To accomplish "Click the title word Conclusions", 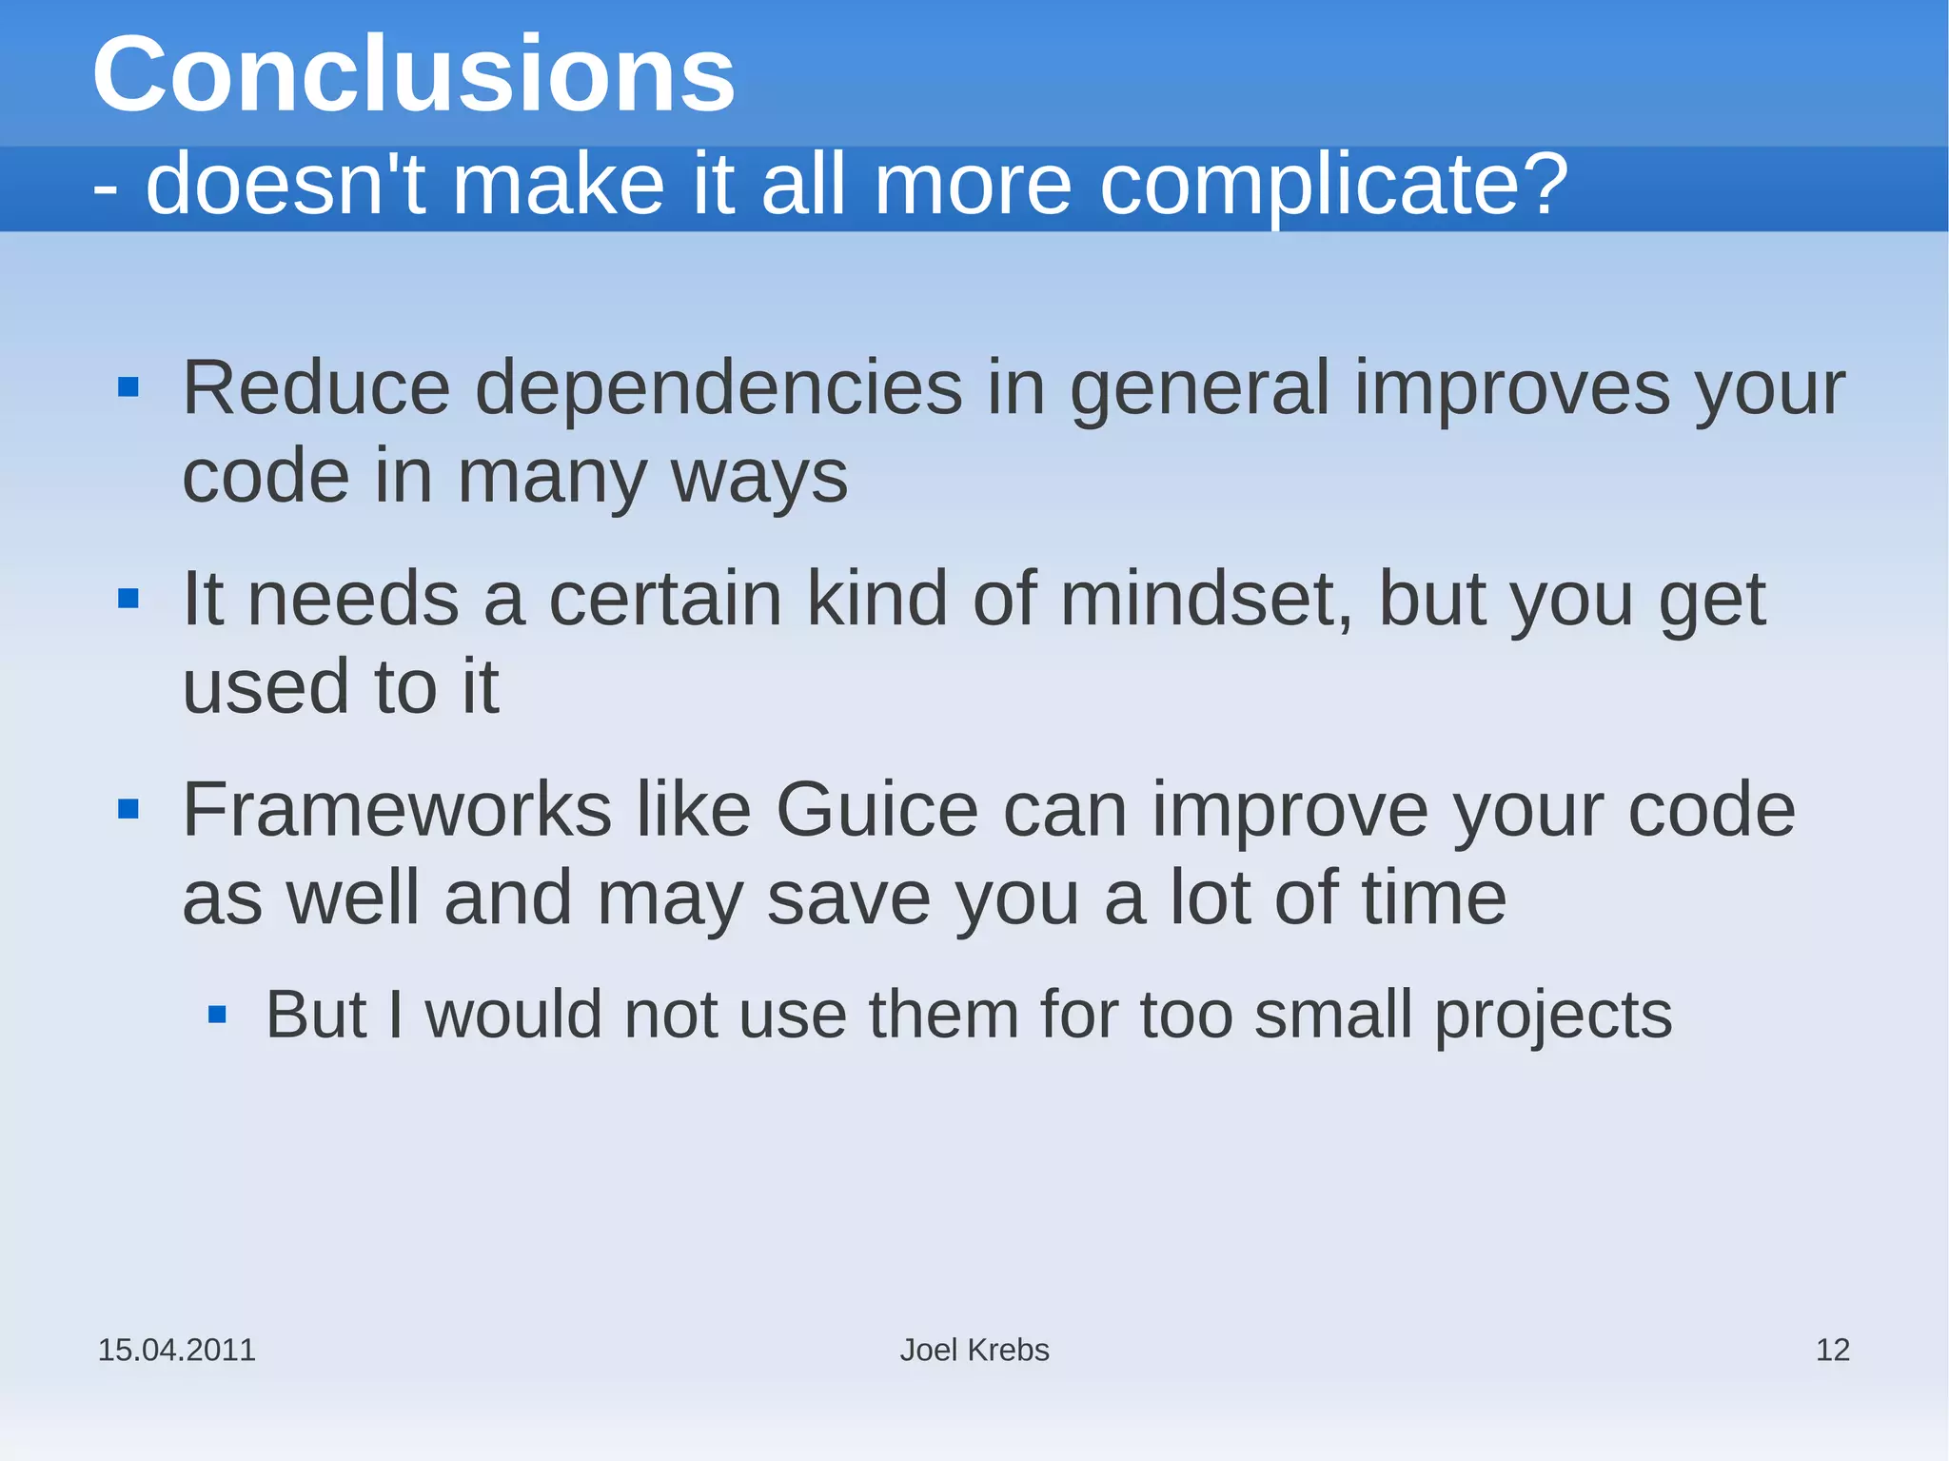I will [413, 74].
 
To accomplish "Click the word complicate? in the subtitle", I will [1333, 185].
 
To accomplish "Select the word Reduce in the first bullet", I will [316, 387].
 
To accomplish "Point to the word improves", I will [1512, 389].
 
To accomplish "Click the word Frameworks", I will [397, 810].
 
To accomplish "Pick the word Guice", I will [876, 810].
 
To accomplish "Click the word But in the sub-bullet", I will [316, 1015].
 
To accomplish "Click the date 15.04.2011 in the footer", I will [177, 1350].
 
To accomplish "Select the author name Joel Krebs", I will [974, 1350].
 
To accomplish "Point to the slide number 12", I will [1832, 1350].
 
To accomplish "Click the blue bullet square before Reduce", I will [128, 387].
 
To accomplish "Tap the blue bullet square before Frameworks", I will [128, 810].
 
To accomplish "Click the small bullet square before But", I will [217, 1015].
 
